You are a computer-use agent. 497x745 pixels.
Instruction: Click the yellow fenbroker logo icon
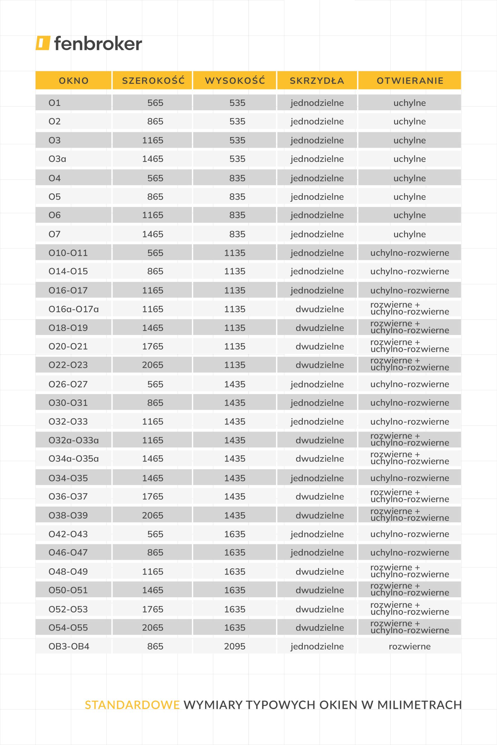43,43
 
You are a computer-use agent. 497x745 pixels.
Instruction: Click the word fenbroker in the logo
98,44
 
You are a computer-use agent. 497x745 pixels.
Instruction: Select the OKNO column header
74,81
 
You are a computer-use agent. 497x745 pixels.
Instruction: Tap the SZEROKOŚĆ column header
153,81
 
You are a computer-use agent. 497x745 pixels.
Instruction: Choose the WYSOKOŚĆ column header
235,81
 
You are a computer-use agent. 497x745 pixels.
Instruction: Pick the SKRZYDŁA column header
317,81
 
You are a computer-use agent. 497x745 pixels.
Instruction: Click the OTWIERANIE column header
410,81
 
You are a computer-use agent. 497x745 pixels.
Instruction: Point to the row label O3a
57,159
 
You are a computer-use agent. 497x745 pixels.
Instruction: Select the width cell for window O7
152,234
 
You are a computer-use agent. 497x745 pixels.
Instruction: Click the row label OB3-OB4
69,646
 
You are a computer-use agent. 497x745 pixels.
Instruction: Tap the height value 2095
235,646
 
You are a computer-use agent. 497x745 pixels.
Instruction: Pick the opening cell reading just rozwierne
409,646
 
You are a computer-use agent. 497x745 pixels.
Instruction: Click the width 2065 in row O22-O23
152,365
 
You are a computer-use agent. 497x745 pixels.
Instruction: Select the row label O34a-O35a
74,459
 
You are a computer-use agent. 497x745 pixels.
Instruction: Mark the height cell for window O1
237,103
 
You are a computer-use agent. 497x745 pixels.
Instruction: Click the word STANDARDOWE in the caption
132,705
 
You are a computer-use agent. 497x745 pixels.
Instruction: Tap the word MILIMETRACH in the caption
419,705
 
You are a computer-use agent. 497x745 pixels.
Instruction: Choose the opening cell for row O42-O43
409,534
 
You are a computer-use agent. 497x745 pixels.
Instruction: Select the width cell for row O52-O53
152,609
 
